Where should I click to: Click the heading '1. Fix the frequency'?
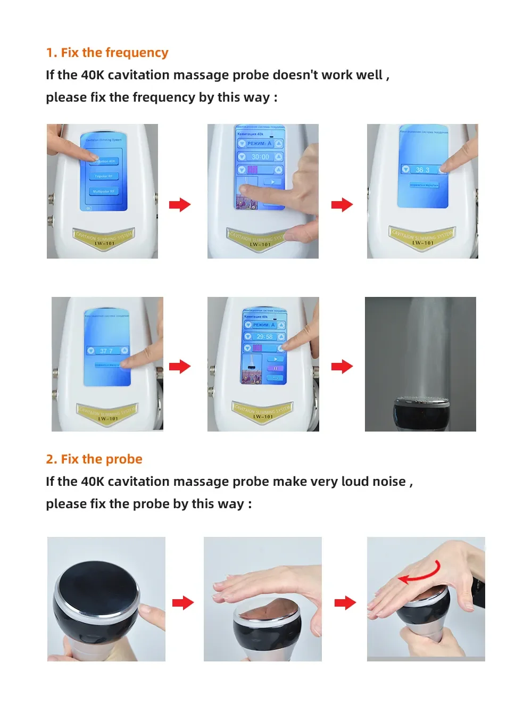pos(107,53)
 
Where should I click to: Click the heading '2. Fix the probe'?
pos(94,459)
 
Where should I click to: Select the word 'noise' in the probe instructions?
pos(389,482)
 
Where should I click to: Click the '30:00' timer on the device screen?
pos(260,157)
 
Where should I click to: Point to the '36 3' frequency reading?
pos(422,170)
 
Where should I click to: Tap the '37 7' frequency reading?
pos(106,351)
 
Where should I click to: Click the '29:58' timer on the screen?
pos(264,337)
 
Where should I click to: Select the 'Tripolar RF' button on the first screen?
pos(104,176)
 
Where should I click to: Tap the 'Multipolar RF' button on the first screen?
pos(104,191)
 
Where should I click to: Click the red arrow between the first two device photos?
pos(180,205)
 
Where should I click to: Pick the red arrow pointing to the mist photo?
pos(342,366)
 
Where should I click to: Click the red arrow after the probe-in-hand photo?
pos(183,603)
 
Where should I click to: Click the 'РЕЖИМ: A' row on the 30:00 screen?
pos(260,144)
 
